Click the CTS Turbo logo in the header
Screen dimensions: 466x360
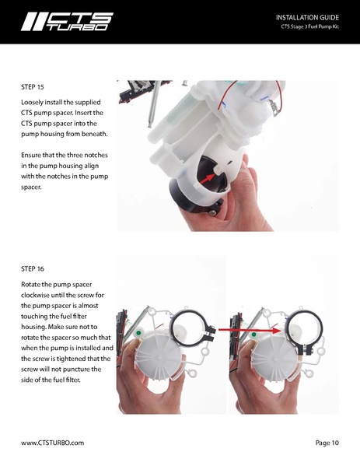pos(67,21)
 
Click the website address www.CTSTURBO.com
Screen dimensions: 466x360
pos(52,443)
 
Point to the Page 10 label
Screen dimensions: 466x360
pos(327,443)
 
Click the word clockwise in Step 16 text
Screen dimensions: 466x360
pos(40,296)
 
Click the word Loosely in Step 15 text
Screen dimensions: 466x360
pos(36,102)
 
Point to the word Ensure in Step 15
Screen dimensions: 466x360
pos(34,155)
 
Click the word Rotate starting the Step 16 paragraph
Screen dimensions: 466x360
pos(34,285)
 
